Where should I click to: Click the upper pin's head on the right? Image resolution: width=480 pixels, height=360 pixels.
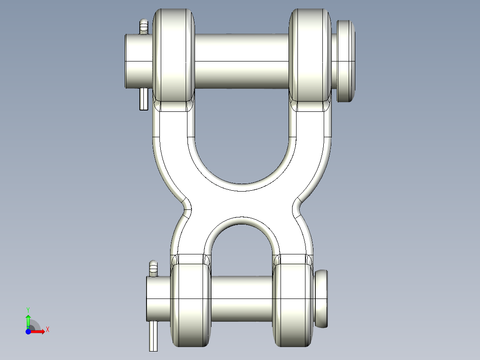(346, 61)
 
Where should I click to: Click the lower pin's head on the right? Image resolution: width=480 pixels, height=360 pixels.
(321, 298)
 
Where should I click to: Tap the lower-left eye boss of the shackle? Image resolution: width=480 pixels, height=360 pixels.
(190, 305)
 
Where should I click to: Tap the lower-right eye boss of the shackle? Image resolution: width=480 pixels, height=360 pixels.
(293, 305)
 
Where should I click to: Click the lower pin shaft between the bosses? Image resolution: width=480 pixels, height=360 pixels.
(241, 298)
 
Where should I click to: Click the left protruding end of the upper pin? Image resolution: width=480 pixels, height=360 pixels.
(138, 61)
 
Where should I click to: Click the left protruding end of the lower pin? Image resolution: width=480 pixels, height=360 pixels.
(158, 298)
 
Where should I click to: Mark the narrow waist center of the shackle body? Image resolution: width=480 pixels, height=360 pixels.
(242, 205)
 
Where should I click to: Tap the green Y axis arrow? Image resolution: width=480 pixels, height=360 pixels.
(28, 320)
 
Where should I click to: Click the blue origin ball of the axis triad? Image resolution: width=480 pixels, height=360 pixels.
(28, 331)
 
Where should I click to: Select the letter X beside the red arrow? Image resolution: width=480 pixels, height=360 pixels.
(47, 329)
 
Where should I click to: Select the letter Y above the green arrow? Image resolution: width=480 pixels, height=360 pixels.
(28, 309)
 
